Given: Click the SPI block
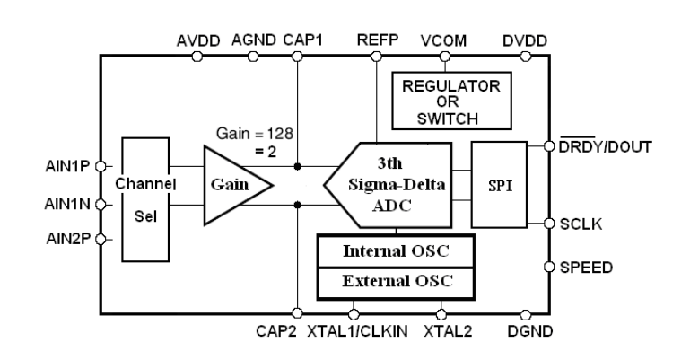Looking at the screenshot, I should [x=495, y=184].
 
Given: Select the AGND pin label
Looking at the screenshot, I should [x=256, y=40].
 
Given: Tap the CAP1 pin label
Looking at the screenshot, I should [x=305, y=40].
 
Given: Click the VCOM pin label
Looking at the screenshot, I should [x=442, y=40].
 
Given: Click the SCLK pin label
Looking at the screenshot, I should [x=581, y=224].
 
